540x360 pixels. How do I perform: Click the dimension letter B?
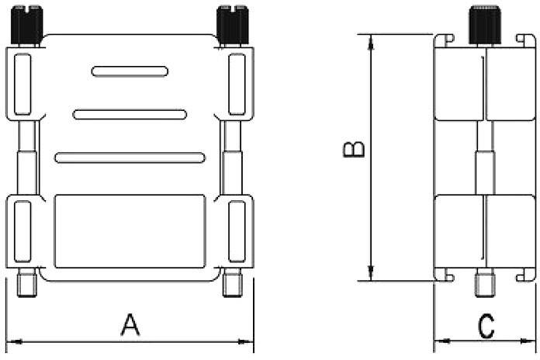point(354,150)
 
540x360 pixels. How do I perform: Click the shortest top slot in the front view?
point(130,71)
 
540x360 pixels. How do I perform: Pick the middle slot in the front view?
point(130,115)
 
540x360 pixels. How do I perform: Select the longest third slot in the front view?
point(130,158)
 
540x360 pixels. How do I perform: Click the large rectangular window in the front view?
point(130,230)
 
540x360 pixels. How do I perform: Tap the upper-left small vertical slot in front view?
point(21,83)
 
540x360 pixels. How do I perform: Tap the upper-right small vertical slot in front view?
point(237,83)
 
